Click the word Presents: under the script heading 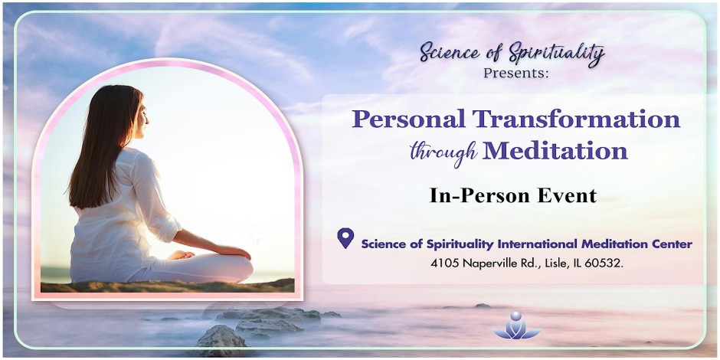pyautogui.click(x=516, y=73)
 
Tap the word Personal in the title pyautogui.click(x=409, y=119)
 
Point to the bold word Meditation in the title pyautogui.click(x=555, y=152)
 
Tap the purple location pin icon pyautogui.click(x=345, y=238)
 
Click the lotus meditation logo pyautogui.click(x=516, y=326)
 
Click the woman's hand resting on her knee pyautogui.click(x=182, y=255)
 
